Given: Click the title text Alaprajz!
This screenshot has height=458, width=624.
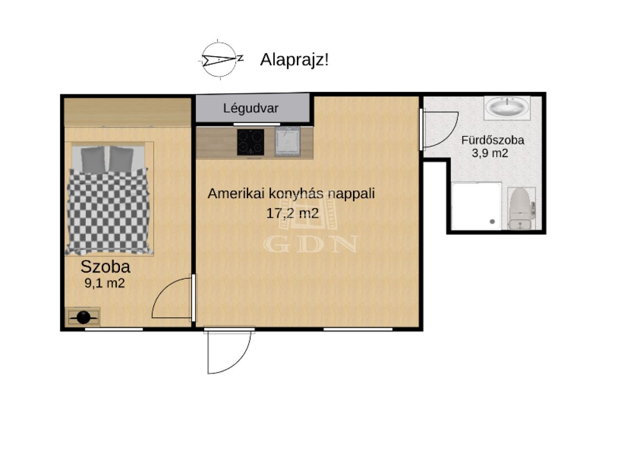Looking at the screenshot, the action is click(x=294, y=60).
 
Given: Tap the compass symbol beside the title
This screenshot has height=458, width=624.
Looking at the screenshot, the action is click(x=219, y=60).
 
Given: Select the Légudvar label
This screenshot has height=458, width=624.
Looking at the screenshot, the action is click(x=251, y=108).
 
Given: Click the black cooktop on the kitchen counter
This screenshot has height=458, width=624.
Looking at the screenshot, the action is click(x=251, y=142).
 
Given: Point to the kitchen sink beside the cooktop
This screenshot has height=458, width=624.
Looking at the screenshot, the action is click(x=288, y=142).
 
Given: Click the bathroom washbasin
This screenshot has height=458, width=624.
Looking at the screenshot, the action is click(x=507, y=108).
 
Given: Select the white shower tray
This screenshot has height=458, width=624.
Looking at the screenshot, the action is click(x=476, y=206).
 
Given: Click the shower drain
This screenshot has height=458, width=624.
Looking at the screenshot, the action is click(x=492, y=222).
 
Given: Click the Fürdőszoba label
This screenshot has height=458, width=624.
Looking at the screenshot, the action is click(x=492, y=140).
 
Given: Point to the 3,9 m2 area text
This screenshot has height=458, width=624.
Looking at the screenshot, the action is click(x=490, y=153).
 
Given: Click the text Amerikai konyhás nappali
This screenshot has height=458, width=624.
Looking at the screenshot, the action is click(x=291, y=193).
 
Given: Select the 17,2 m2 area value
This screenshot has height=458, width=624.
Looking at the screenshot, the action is click(x=292, y=213).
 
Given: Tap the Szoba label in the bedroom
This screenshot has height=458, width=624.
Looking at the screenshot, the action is click(x=105, y=267).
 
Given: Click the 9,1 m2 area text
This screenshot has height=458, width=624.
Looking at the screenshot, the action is click(x=104, y=283).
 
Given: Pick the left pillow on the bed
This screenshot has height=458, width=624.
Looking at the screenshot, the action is click(x=93, y=160).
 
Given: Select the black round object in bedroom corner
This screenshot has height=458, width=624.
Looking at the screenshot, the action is click(x=83, y=317).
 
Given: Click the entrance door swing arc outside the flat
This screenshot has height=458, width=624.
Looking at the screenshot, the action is click(x=236, y=360).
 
